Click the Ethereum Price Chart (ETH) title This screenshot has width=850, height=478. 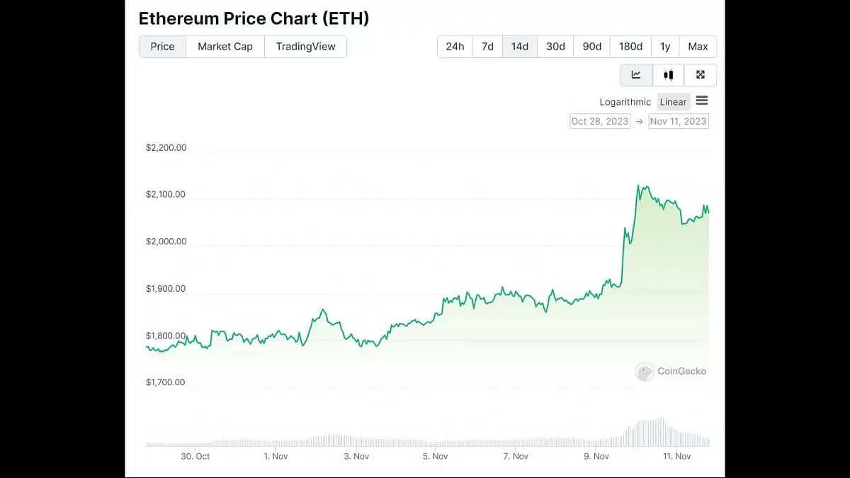point(254,18)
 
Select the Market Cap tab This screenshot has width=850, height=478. point(225,47)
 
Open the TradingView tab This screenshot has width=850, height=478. point(305,47)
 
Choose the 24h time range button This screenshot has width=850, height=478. point(455,47)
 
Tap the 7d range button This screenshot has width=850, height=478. point(487,47)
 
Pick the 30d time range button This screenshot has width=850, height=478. point(555,47)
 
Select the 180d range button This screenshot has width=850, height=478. point(630,47)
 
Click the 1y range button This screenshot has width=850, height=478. point(665,47)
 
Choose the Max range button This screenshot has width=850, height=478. point(698,47)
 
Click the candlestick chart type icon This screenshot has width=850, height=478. point(668,75)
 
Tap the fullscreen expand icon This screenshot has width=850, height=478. point(701,75)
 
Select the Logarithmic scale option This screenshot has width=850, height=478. point(625,102)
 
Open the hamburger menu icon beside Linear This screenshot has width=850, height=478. point(702,101)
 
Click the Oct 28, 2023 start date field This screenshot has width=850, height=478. point(600,121)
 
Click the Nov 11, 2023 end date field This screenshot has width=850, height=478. point(678,121)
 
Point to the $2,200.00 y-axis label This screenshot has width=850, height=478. point(166,148)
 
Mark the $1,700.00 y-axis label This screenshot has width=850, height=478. point(166,382)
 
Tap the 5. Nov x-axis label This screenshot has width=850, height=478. point(436,457)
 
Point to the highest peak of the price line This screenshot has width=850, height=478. point(639,186)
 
